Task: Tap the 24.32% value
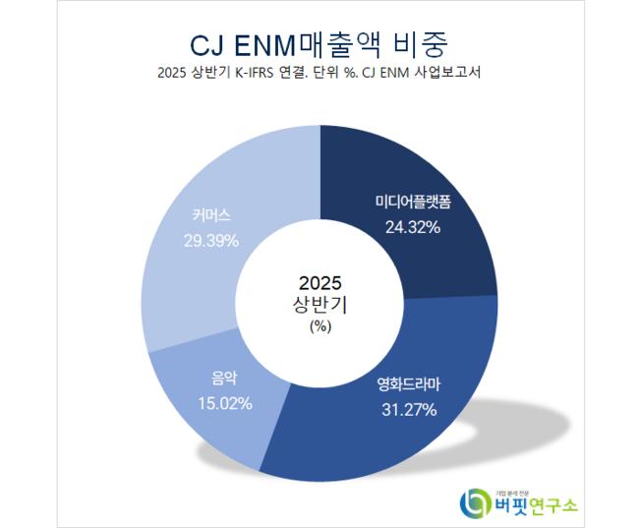click(412, 228)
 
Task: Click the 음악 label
click(224, 378)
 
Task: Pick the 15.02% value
click(225, 402)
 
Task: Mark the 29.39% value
click(211, 239)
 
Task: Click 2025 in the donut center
click(319, 282)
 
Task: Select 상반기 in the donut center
click(319, 305)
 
